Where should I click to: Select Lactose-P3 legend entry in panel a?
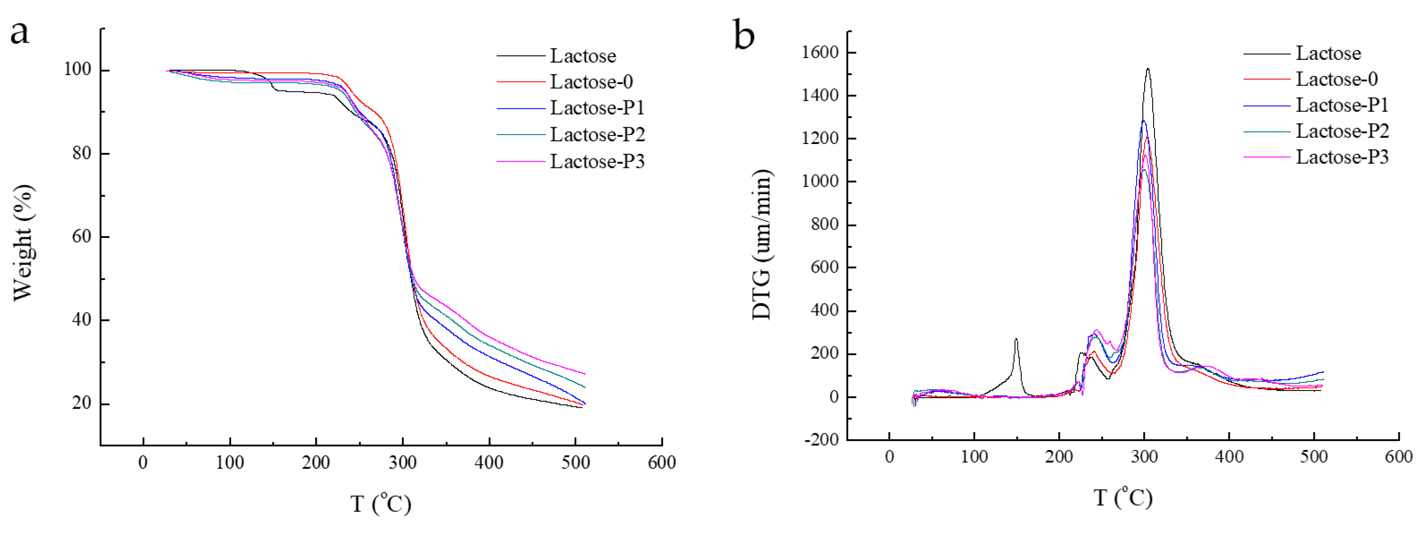pyautogui.click(x=597, y=162)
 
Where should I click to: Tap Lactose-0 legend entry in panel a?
pyautogui.click(x=591, y=81)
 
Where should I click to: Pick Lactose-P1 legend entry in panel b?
pyautogui.click(x=1342, y=105)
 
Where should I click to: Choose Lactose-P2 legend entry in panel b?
pyautogui.click(x=1342, y=131)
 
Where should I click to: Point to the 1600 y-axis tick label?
pyautogui.click(x=820, y=52)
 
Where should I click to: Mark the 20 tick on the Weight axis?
pyautogui.click(x=81, y=403)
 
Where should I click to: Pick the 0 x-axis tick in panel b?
pyautogui.click(x=889, y=457)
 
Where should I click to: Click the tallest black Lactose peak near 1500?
pyautogui.click(x=1147, y=69)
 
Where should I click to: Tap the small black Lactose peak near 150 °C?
pyautogui.click(x=1016, y=339)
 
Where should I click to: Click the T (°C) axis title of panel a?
pyautogui.click(x=381, y=504)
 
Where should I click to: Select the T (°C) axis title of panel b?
pyautogui.click(x=1123, y=497)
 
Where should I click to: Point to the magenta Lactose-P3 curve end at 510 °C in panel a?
pyautogui.click(x=584, y=373)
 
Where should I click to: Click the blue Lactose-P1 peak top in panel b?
pyautogui.click(x=1143, y=120)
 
